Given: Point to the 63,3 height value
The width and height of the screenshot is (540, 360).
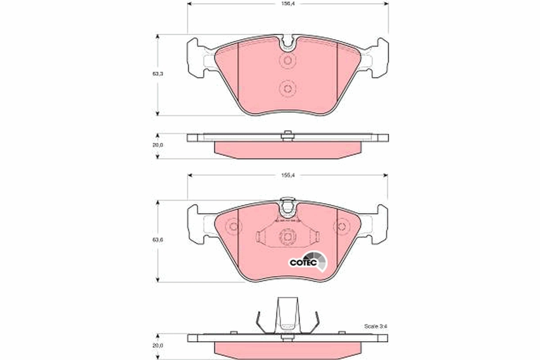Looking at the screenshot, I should (x=157, y=74).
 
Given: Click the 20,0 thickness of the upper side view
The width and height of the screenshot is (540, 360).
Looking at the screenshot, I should (x=157, y=145).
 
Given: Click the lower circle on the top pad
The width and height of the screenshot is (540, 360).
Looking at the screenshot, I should (x=287, y=88).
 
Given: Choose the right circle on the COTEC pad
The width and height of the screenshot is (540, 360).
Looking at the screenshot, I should (x=342, y=226).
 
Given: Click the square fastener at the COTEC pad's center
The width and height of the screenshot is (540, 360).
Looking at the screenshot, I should (x=287, y=235).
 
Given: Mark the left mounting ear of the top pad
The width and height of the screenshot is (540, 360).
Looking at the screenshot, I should (x=195, y=58).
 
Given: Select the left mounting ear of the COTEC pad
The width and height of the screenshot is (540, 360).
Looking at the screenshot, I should (x=195, y=224).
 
